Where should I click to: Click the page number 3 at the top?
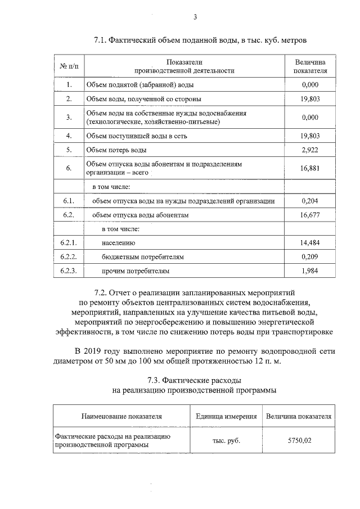click(195, 17)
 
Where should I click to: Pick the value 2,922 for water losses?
click(310, 150)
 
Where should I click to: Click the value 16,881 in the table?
click(310, 168)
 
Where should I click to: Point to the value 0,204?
click(310, 200)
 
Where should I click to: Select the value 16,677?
click(310, 215)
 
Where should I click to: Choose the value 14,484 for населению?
click(310, 243)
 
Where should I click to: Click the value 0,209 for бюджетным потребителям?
click(310, 257)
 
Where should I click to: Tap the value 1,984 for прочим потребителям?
click(310, 271)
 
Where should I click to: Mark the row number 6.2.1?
click(68, 243)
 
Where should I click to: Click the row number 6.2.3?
click(68, 271)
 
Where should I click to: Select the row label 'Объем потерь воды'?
click(116, 150)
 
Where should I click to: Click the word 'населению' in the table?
click(119, 243)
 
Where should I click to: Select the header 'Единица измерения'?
click(226, 417)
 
